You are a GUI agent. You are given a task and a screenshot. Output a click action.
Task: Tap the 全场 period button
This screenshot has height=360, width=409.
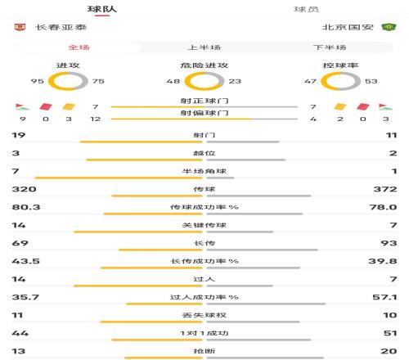79,47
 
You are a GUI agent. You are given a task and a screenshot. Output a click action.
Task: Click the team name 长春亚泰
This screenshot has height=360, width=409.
58,27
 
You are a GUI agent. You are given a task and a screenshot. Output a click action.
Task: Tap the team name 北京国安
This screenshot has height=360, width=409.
347,27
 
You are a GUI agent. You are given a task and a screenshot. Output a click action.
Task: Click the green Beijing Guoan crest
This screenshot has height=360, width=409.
390,27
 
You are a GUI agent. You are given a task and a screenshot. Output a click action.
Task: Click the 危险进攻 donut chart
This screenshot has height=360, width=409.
204,81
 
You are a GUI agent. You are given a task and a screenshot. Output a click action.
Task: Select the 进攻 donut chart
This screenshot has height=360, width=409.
69,81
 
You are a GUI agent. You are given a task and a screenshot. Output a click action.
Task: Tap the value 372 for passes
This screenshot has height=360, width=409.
385,188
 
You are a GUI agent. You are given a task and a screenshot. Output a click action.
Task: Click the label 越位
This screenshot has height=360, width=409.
204,152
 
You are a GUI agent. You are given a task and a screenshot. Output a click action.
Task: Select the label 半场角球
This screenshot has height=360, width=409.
204,170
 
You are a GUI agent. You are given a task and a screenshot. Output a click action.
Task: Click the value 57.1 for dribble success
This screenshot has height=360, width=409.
385,296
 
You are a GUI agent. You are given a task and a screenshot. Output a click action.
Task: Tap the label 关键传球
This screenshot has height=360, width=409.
204,224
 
